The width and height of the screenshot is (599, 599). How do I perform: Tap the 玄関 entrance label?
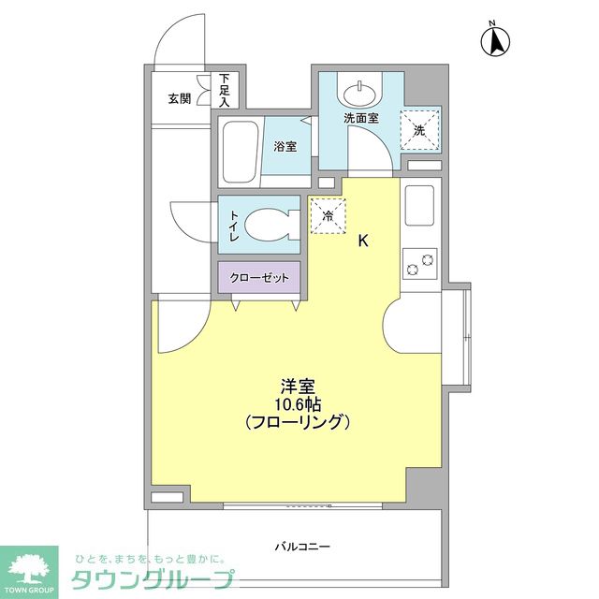point(180,97)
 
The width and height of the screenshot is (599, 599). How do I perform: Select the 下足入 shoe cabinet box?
point(225,90)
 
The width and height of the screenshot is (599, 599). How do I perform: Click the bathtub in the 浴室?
point(241,152)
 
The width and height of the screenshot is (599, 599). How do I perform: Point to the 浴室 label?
point(285,146)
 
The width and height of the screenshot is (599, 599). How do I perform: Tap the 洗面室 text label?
point(360,119)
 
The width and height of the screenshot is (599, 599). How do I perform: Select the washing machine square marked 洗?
point(419,129)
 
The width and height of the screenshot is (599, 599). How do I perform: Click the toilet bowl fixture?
point(273,225)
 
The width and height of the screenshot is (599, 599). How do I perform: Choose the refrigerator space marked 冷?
point(328,214)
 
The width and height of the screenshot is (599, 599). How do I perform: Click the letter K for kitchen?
point(363,241)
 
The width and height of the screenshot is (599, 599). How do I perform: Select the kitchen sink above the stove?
point(418,205)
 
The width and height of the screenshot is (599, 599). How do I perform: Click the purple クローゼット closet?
point(259,277)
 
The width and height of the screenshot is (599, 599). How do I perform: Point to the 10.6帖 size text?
point(297,402)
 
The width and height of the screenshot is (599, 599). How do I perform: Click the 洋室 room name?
point(297,384)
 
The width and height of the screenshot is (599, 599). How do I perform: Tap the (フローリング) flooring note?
point(297,422)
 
